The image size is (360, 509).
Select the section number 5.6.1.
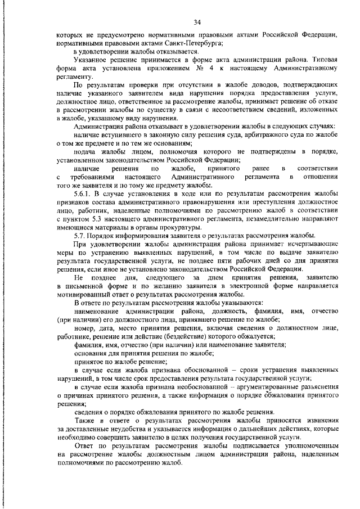point(84,193)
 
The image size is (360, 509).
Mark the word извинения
point(317,421)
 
